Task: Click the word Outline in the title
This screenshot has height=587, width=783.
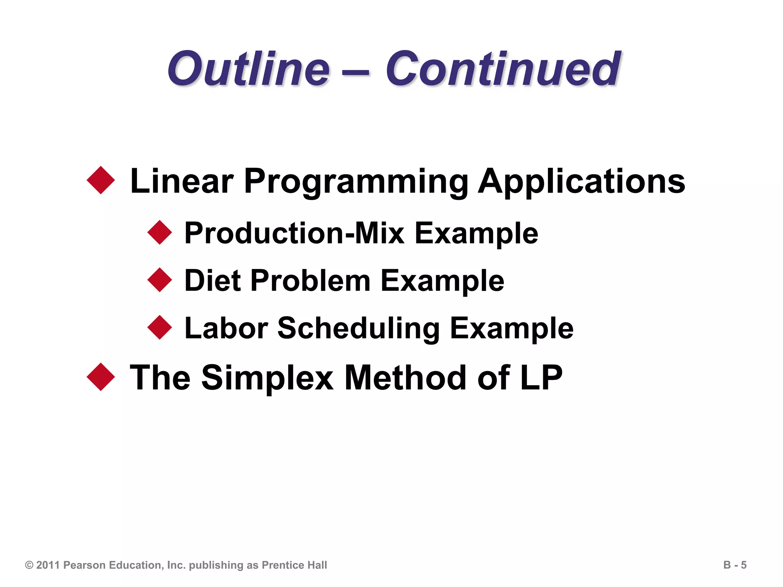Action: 249,69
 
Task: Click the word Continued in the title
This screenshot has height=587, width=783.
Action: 503,69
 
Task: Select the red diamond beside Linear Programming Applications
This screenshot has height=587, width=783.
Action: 101,180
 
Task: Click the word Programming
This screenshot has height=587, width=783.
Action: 356,182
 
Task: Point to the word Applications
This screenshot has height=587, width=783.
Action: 582,182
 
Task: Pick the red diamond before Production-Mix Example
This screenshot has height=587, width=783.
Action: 160,232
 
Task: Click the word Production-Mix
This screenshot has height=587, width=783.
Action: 294,233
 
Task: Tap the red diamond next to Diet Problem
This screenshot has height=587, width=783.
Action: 160,280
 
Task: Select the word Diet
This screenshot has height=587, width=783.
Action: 213,280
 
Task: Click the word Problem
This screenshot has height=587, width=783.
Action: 310,280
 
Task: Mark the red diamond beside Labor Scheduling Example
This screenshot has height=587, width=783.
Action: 160,328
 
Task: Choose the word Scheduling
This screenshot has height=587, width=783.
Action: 358,329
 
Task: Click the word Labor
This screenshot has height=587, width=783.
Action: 226,328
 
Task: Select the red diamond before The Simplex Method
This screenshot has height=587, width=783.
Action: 101,377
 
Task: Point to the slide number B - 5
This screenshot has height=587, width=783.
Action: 734,565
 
